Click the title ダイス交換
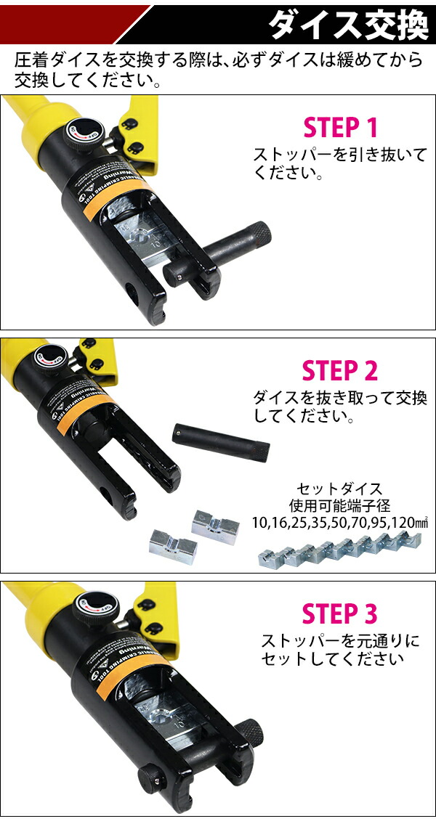pos(348,26)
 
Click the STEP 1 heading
pos(340,128)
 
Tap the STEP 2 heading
pos(340,371)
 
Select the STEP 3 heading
pos(340,613)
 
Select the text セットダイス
pos(339,489)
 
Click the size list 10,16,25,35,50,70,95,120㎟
pos(339,521)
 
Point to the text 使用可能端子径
pos(339,505)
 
